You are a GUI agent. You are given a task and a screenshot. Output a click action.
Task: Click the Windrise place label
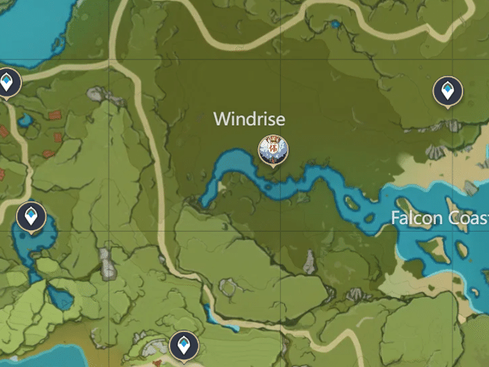click(x=249, y=119)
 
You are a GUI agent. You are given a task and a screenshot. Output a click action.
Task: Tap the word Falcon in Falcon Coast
click(x=415, y=218)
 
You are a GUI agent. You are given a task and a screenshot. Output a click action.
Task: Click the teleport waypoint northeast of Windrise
click(x=447, y=92)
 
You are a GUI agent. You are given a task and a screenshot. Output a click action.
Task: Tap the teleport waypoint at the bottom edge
click(x=182, y=346)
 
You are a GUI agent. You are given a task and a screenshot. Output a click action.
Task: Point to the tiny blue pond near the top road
click(x=335, y=25)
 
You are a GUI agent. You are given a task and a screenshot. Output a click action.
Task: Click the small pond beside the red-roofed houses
click(x=25, y=120)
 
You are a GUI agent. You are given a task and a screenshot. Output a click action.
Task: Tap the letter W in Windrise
click(x=222, y=119)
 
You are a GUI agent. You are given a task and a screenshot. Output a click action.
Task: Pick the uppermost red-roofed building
click(x=55, y=117)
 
